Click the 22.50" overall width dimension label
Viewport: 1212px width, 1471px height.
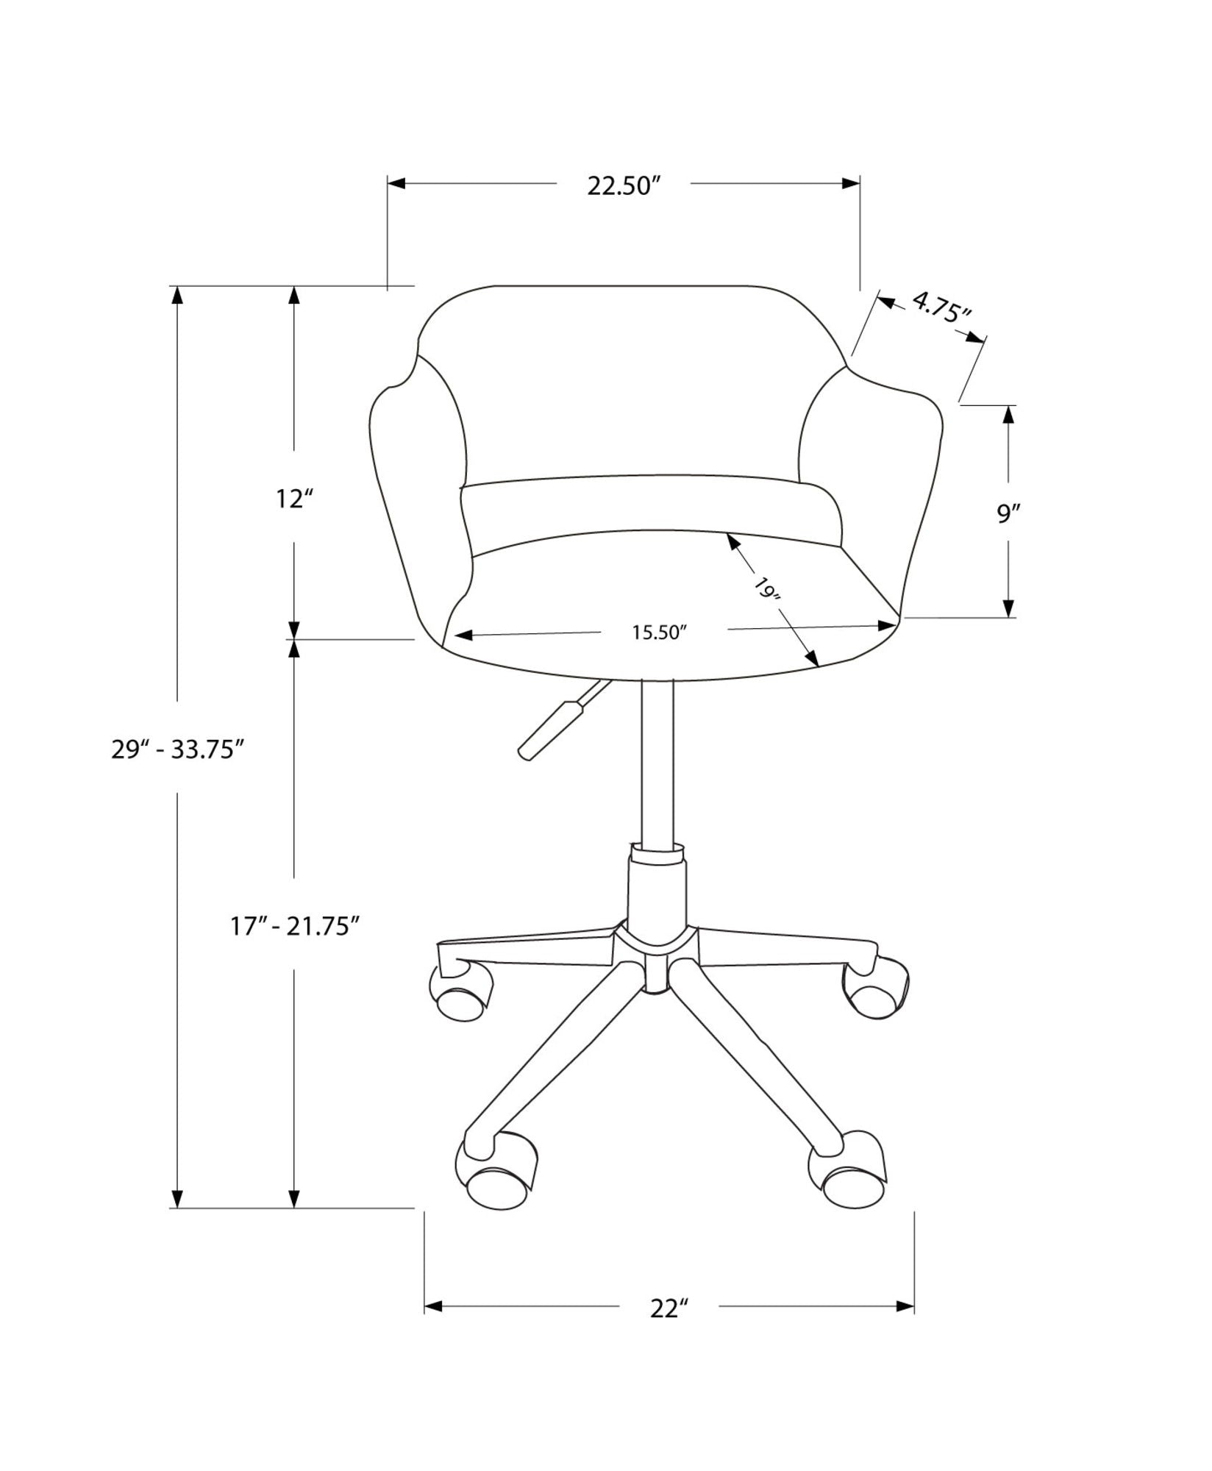621,186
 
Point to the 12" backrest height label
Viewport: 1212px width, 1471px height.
294,499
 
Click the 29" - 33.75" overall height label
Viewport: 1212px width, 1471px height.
177,750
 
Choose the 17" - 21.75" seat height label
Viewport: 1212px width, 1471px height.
294,926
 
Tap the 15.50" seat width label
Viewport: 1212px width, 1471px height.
659,633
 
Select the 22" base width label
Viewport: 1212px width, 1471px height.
669,1310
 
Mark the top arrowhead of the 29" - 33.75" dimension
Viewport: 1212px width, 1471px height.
177,295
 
